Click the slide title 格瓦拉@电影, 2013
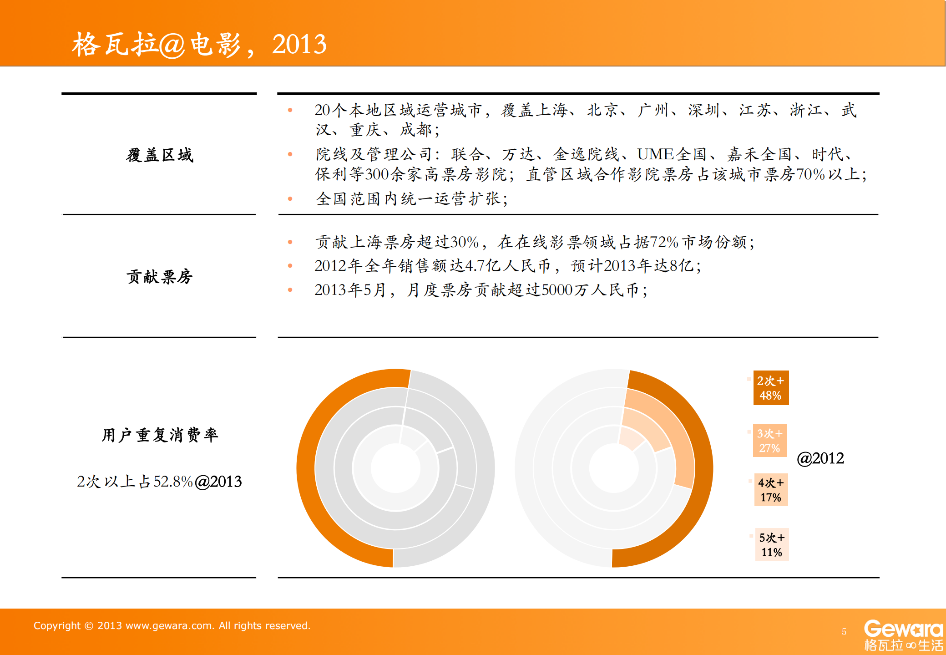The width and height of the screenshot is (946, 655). click(x=199, y=45)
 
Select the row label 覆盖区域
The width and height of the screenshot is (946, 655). click(x=160, y=155)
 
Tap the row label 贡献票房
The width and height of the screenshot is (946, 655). click(x=160, y=276)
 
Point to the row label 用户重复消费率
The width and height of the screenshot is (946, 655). click(x=160, y=435)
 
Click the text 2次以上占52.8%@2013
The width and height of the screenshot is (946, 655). click(x=159, y=482)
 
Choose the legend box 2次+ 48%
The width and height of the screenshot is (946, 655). click(x=770, y=388)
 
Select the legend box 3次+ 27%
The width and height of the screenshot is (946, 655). click(x=769, y=441)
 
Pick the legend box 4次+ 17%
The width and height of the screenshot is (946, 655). click(x=770, y=490)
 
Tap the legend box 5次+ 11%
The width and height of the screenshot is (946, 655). click(x=771, y=544)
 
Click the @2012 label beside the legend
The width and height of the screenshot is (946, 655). click(x=820, y=458)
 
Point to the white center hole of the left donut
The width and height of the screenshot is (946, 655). click(x=395, y=468)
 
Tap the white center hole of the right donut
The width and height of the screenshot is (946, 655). click(x=614, y=468)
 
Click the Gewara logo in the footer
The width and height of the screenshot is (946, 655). click(x=903, y=635)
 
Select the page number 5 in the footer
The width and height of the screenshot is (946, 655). click(x=844, y=632)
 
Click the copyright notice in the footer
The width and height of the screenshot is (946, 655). click(x=172, y=625)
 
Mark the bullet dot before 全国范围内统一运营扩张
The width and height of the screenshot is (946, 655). click(x=290, y=198)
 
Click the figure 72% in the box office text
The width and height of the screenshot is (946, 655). click(x=664, y=242)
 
